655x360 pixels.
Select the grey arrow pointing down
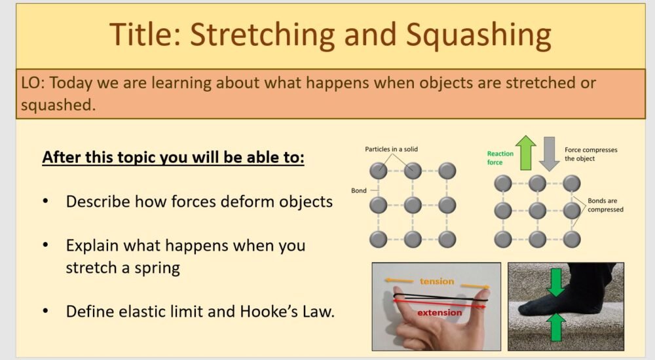click(x=550, y=154)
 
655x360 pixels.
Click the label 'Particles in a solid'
click(x=391, y=149)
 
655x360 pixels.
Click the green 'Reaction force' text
click(x=500, y=158)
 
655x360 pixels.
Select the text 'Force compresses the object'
click(x=591, y=154)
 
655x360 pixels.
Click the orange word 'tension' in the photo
click(x=437, y=281)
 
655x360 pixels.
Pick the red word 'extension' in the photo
click(x=440, y=312)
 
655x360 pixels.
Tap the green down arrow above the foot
click(x=556, y=281)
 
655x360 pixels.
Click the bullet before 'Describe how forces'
click(x=46, y=202)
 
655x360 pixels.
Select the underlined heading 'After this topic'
click(x=173, y=158)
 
